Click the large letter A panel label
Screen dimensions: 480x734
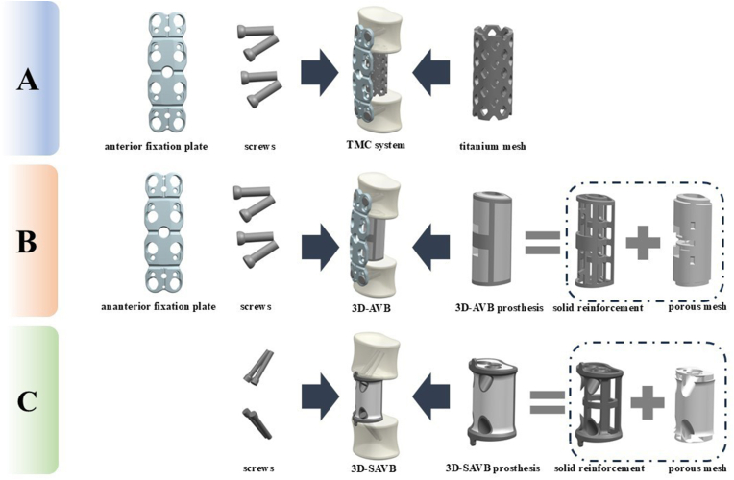[x=28, y=79]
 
